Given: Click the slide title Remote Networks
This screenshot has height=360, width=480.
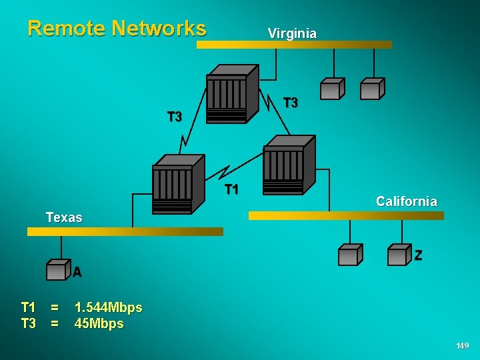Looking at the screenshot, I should click(117, 28).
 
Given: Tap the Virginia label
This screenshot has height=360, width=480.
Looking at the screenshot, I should click(292, 33).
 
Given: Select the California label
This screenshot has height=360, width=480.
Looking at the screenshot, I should click(407, 201).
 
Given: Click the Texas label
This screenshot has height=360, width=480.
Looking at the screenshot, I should click(64, 217).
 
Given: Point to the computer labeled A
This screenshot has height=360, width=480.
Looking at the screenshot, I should click(58, 269).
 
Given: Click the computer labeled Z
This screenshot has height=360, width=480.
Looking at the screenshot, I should click(399, 255).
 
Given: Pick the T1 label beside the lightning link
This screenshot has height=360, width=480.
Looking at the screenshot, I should click(231, 190).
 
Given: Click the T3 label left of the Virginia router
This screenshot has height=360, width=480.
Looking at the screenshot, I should click(174, 117).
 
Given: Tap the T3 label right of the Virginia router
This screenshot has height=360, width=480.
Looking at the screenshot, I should click(291, 103).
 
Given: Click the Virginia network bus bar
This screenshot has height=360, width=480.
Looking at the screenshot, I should click(294, 45).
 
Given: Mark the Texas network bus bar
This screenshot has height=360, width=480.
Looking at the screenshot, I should click(125, 231).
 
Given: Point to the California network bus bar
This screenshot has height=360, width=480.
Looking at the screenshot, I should click(355, 215).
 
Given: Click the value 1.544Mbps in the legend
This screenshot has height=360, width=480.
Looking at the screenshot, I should click(108, 308).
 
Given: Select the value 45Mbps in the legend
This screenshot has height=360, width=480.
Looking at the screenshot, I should click(99, 324).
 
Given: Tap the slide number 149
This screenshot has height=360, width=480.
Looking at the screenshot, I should click(462, 346).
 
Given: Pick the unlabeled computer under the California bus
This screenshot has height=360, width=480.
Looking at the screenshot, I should click(350, 255).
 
